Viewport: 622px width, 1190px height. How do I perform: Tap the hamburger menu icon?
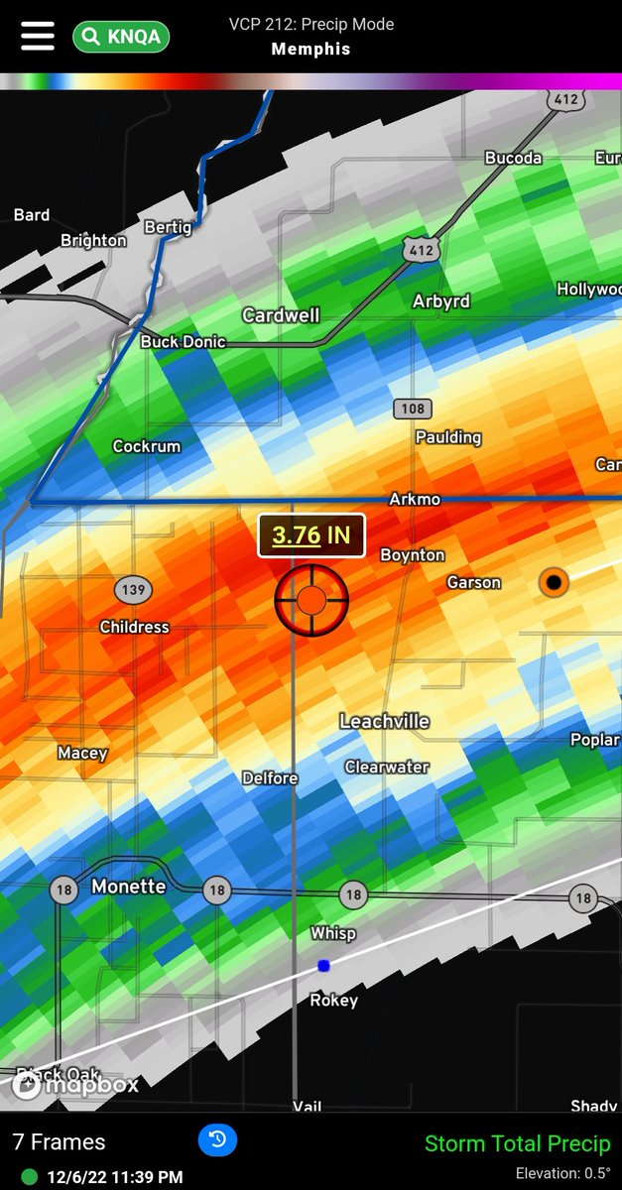(38, 36)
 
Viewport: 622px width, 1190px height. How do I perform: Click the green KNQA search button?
(121, 38)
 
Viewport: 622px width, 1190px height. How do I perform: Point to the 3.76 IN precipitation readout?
(311, 535)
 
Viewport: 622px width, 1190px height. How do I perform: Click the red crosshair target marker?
(311, 599)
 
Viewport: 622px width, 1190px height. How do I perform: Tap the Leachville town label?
(384, 721)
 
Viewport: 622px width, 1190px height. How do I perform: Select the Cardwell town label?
(281, 314)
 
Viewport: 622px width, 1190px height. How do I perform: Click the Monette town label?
(128, 887)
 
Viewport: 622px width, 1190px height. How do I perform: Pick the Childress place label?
(134, 627)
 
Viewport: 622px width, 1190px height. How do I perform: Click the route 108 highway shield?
(411, 409)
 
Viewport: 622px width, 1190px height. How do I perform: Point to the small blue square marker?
(323, 965)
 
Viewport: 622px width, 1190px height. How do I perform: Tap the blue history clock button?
(217, 1140)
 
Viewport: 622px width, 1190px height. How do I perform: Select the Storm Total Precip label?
(518, 1143)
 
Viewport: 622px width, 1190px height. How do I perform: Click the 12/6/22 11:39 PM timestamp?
(114, 1177)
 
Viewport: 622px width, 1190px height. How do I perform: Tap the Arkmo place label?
(415, 499)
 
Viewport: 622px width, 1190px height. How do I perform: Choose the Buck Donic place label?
(183, 341)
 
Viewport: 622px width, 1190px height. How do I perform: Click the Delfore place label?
(270, 778)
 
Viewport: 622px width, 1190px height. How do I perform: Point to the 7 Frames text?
(59, 1142)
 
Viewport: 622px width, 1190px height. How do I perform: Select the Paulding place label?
(448, 437)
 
